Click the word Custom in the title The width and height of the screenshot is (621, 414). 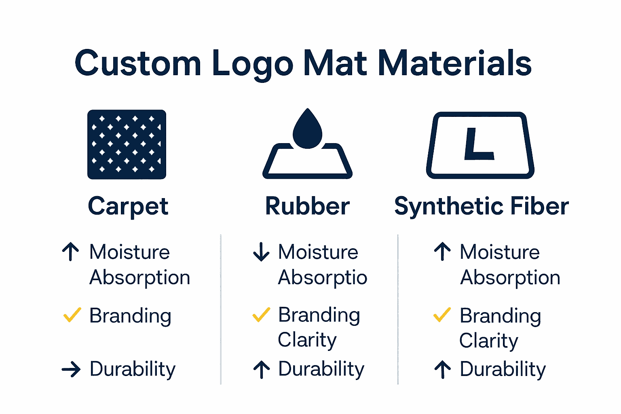point(138,63)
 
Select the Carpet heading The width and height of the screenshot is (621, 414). point(128,207)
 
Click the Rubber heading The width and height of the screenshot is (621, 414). point(307,206)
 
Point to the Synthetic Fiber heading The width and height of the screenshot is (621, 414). point(481,206)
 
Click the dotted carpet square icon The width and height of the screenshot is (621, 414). point(127,144)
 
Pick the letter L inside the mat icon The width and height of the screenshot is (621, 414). point(479,144)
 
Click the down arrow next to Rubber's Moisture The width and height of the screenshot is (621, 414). point(261,251)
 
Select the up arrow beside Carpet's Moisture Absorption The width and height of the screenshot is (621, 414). point(71,251)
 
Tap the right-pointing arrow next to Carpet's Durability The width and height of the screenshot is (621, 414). point(71,369)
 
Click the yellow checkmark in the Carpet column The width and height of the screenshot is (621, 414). point(72,315)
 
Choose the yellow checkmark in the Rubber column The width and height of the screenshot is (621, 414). point(261,315)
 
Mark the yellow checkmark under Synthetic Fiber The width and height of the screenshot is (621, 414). point(442,315)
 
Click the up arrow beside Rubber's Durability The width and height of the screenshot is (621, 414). point(262,369)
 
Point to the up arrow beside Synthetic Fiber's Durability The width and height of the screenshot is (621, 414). point(442,369)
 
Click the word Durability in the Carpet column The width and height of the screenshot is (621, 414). point(133,369)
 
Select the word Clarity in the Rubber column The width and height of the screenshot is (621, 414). point(307,340)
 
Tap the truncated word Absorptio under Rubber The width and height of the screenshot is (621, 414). point(323,278)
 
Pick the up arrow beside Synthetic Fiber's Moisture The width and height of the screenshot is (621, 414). point(442,251)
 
